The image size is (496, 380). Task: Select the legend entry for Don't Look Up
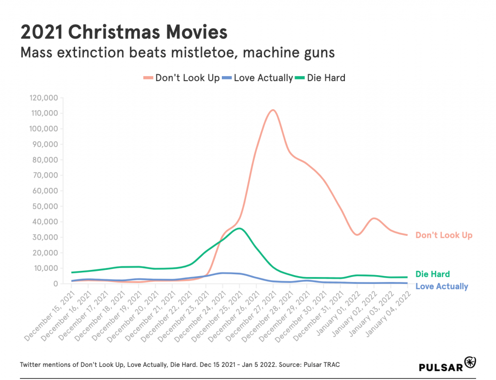(182, 78)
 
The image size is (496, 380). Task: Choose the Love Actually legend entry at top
(258, 78)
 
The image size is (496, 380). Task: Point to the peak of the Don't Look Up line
(273, 110)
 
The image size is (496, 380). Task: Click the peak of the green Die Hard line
(239, 228)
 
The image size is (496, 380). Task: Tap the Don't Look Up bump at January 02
(373, 218)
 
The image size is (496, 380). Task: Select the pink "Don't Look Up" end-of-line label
(444, 235)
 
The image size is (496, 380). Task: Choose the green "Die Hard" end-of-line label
(433, 274)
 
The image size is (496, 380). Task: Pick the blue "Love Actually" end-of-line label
(442, 286)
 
